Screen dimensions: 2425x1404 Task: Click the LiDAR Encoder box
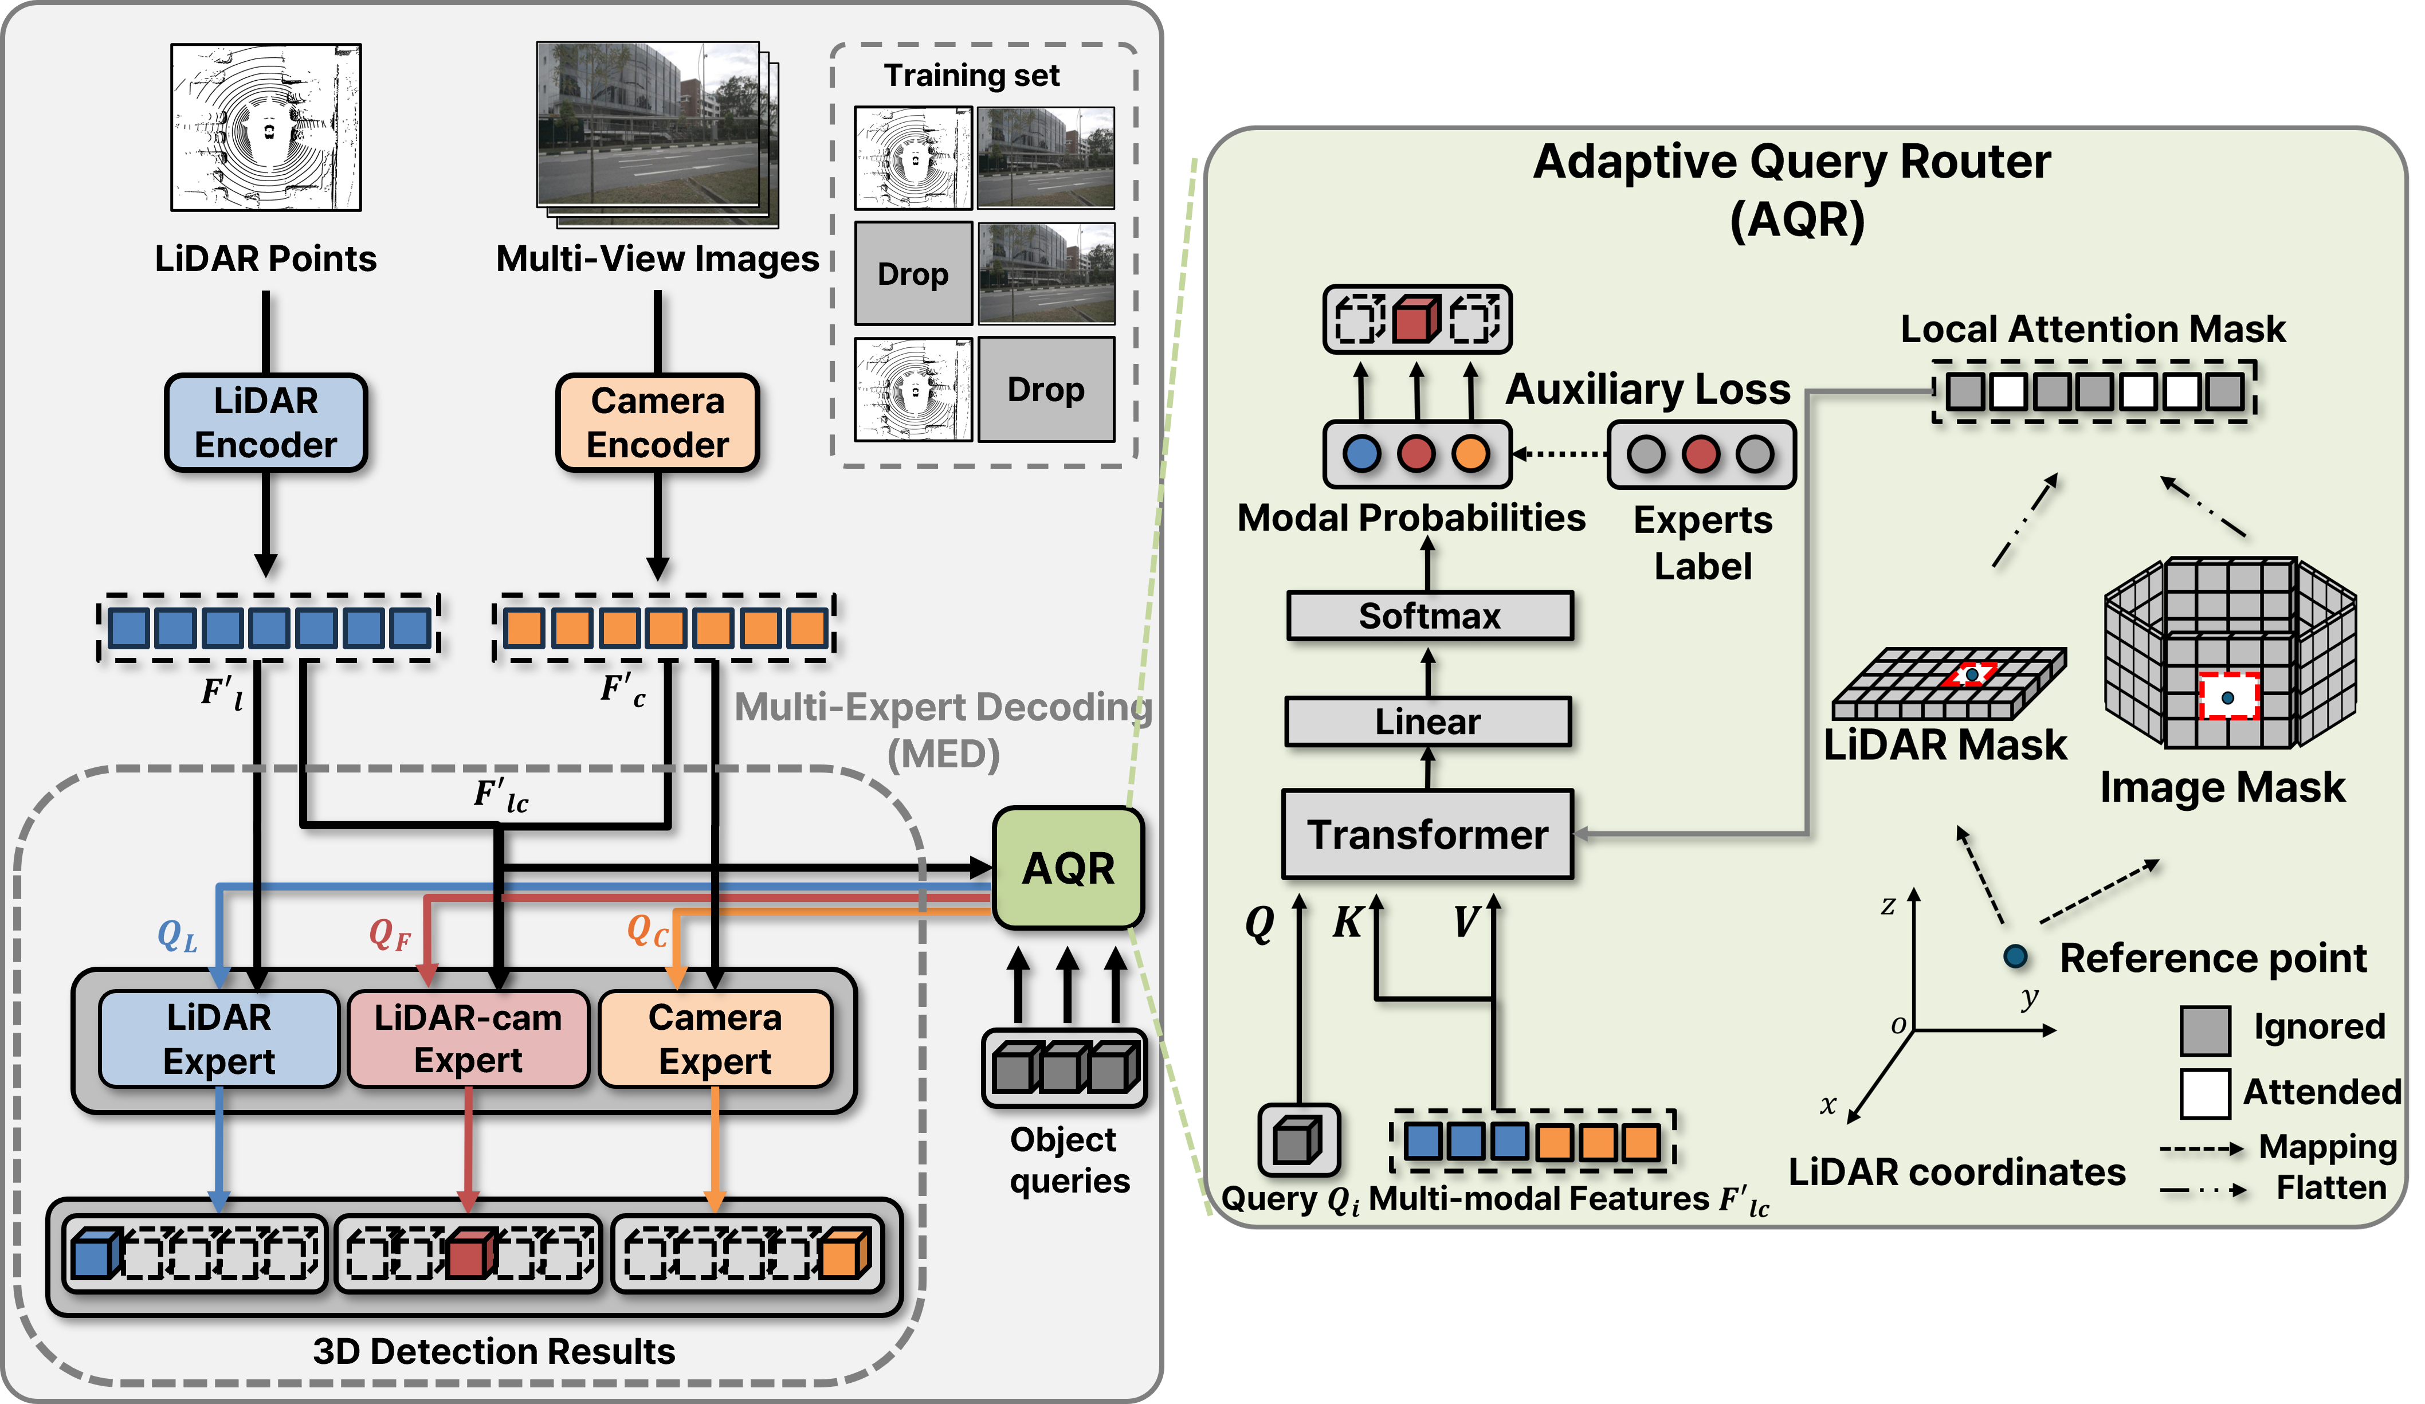[x=266, y=422]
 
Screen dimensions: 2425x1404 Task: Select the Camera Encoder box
[x=658, y=422]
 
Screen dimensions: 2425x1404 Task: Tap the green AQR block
[x=1068, y=868]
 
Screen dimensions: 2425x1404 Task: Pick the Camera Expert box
[x=715, y=1040]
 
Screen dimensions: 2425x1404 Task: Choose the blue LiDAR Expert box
[x=219, y=1040]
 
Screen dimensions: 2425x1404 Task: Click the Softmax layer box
[x=1430, y=616]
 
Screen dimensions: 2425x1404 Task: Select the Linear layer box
[x=1428, y=721]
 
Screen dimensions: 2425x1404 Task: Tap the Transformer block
[x=1428, y=834]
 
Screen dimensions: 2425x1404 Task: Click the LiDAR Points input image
[x=266, y=127]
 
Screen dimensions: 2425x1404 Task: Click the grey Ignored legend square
[x=2204, y=1030]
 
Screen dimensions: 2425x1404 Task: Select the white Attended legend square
[x=2204, y=1094]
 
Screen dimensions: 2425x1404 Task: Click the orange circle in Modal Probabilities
[x=1470, y=453]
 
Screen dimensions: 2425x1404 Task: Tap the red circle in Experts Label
[x=1700, y=453]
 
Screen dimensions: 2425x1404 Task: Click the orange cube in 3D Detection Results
[x=846, y=1253]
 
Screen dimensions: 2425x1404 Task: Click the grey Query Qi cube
[x=1297, y=1140]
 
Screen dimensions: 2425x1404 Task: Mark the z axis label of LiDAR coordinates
[x=1888, y=905]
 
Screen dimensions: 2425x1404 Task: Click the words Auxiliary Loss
[x=1647, y=389]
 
